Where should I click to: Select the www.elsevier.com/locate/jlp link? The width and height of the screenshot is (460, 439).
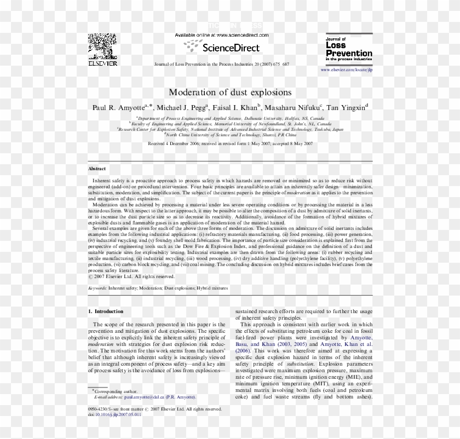pyautogui.click(x=346, y=70)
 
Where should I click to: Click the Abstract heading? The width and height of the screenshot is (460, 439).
pyautogui.click(x=97, y=169)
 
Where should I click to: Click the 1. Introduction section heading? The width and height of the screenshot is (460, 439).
pyautogui.click(x=106, y=311)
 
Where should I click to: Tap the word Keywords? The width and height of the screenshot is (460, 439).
pyautogui.click(x=97, y=287)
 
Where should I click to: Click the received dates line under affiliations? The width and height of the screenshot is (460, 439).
pyautogui.click(x=230, y=143)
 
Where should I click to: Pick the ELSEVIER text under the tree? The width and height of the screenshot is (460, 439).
pyautogui.click(x=102, y=63)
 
